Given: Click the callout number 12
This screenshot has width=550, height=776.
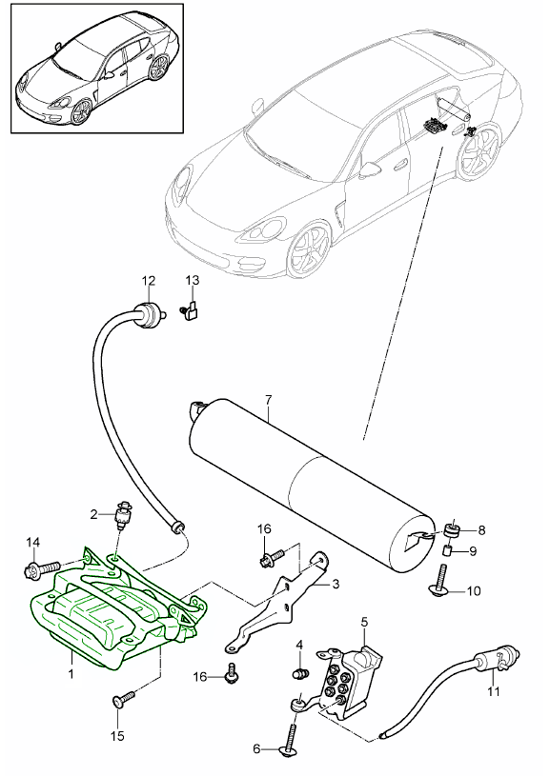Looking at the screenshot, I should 148,280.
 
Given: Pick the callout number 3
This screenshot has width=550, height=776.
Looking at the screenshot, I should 334,584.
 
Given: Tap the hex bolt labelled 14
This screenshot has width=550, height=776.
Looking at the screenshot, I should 38,571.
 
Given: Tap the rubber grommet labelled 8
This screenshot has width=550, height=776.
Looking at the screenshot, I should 453,529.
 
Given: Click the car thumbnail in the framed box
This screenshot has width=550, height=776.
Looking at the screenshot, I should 94,75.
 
